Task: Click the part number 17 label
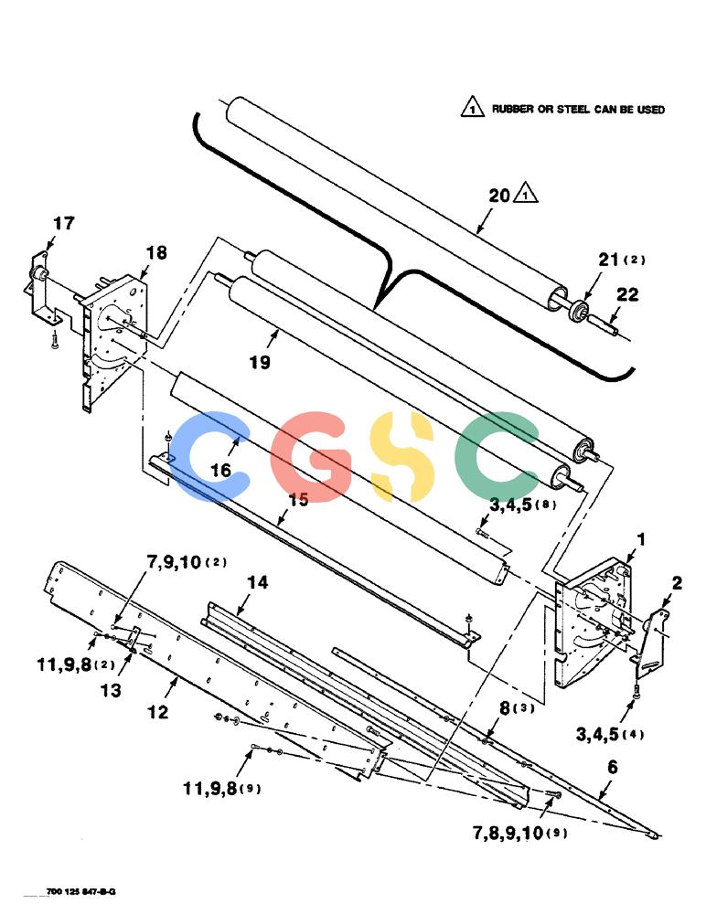(x=64, y=223)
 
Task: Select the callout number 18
(x=155, y=253)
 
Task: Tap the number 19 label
(x=261, y=362)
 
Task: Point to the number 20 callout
(x=499, y=196)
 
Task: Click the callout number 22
(x=627, y=294)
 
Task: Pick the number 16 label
(x=220, y=470)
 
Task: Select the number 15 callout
(x=298, y=500)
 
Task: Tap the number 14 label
(x=257, y=581)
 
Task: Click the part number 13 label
(x=111, y=690)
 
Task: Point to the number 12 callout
(x=157, y=712)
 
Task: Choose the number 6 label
(x=612, y=767)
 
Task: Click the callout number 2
(x=677, y=583)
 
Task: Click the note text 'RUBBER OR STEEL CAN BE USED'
(x=578, y=109)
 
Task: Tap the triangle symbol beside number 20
(x=526, y=194)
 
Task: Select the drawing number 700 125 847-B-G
(x=81, y=892)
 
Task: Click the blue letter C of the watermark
(x=209, y=456)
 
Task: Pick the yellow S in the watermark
(x=402, y=456)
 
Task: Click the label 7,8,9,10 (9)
(x=519, y=833)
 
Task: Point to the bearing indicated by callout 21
(x=579, y=309)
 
